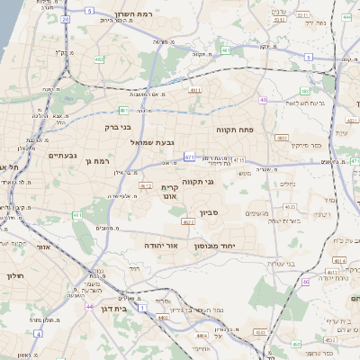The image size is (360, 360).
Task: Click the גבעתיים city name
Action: pos(60,155)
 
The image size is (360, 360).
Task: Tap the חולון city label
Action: pos(16,276)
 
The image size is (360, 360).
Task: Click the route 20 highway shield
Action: pos(66,18)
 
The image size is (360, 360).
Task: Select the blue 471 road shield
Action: pos(189,157)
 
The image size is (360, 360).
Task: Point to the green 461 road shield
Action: pos(77,216)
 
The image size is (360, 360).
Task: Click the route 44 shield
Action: pos(89,306)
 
